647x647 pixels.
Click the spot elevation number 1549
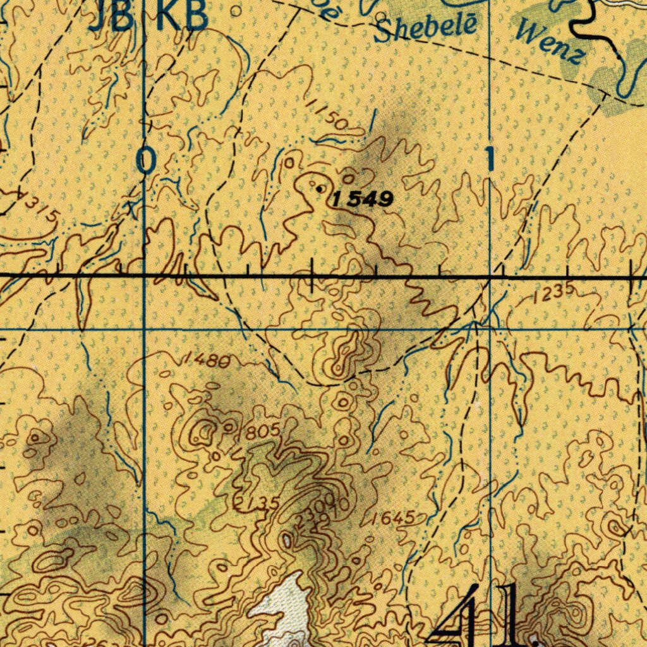363,200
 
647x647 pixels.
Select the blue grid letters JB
111,17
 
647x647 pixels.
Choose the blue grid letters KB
182,17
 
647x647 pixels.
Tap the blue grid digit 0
146,160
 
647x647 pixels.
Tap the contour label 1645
393,519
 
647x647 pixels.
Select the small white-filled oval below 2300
287,540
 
